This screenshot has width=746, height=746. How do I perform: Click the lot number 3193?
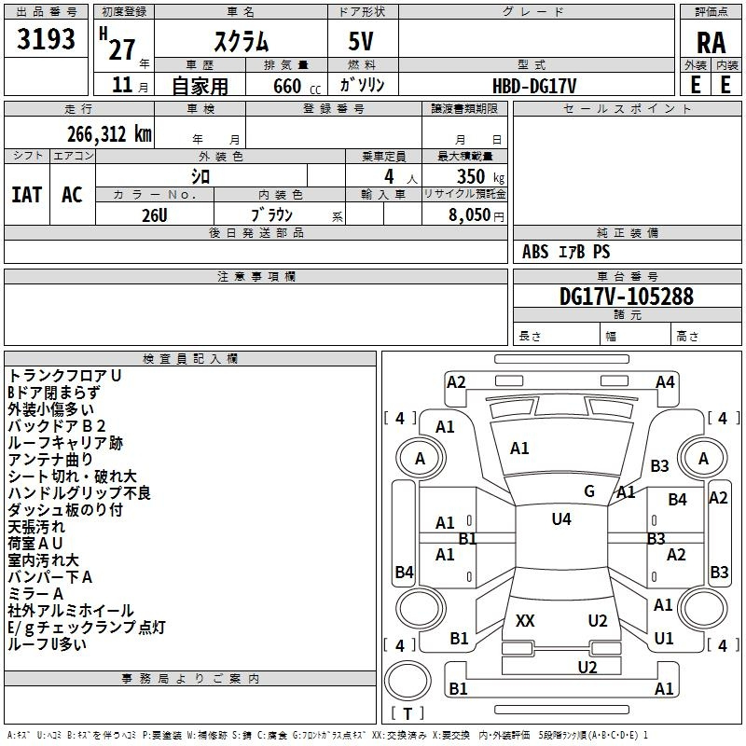click(47, 39)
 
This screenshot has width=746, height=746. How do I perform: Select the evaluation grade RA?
click(711, 41)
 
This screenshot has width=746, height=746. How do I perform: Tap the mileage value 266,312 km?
click(109, 133)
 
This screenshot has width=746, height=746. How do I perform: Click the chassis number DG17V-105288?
click(626, 297)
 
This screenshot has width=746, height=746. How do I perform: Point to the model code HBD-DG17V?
click(534, 85)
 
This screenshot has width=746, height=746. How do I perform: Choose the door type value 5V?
click(363, 40)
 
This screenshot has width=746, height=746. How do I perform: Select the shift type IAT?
click(26, 194)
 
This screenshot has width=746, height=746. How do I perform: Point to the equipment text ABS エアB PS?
click(566, 252)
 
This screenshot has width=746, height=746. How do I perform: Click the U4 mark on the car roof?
click(560, 519)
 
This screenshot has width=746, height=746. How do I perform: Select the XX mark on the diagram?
click(525, 620)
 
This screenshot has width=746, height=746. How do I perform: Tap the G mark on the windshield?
click(589, 491)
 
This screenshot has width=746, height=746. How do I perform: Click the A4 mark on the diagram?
click(665, 381)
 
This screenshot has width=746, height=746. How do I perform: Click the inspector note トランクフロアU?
click(65, 376)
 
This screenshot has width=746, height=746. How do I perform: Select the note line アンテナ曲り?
click(50, 460)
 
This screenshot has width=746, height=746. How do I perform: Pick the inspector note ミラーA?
click(35, 594)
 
